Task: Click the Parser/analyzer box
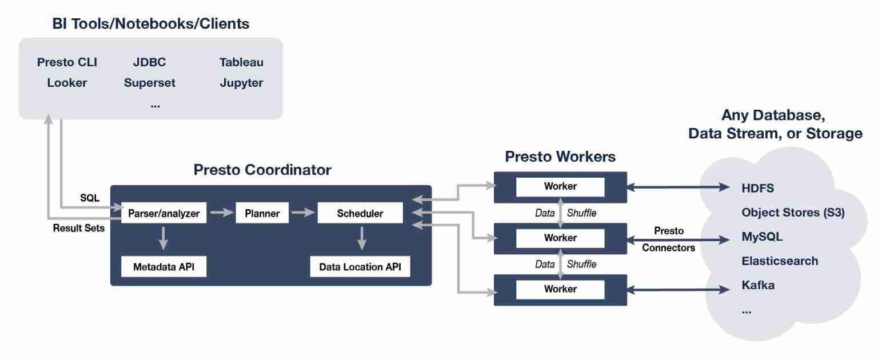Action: [164, 214]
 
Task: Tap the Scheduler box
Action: [360, 214]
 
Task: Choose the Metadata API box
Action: [163, 267]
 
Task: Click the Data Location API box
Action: [360, 267]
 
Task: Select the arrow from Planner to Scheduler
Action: [302, 213]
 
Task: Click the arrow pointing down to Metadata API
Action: [163, 238]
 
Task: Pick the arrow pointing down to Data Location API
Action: [361, 238]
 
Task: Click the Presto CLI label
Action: [67, 62]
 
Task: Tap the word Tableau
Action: [241, 62]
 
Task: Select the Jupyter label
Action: [241, 83]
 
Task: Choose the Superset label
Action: [150, 83]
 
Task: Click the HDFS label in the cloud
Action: [757, 187]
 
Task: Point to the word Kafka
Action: [758, 285]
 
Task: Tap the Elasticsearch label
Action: [780, 261]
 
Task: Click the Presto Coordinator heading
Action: [262, 170]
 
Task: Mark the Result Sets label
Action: [79, 229]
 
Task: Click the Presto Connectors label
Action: [669, 239]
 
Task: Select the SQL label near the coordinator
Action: [89, 198]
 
